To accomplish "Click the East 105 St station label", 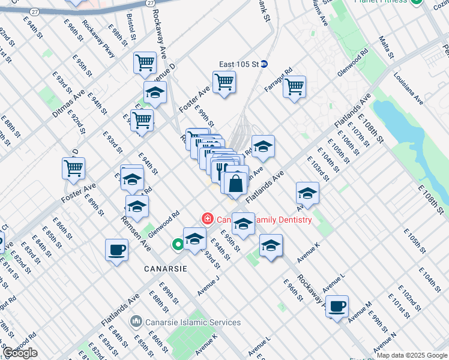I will click(x=238, y=64).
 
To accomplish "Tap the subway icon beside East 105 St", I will click(x=264, y=64).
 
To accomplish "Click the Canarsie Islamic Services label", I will click(x=193, y=322).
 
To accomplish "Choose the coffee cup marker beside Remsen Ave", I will click(x=116, y=250).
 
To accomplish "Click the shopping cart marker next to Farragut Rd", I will click(x=295, y=86).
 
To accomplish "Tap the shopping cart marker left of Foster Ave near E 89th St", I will click(x=74, y=168).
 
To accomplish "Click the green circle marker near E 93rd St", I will click(x=178, y=244).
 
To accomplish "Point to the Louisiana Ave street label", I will click(x=409, y=89).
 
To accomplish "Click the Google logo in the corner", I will click(x=20, y=353).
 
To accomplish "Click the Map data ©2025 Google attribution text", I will click(x=412, y=355).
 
